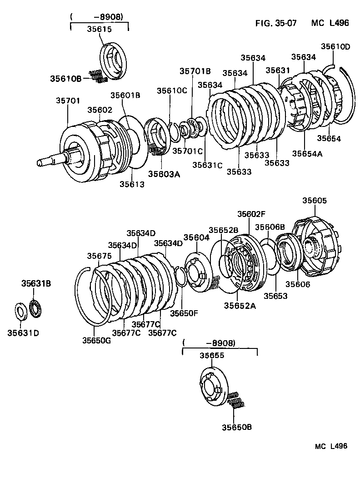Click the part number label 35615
(99, 28)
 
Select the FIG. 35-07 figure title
(275, 23)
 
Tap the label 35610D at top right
(335, 46)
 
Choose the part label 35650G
(96, 340)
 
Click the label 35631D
(23, 333)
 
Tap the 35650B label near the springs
(236, 427)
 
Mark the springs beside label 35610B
(98, 76)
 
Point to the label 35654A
(307, 154)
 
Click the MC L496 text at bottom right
(331, 446)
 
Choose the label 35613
(132, 184)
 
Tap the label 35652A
(240, 306)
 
